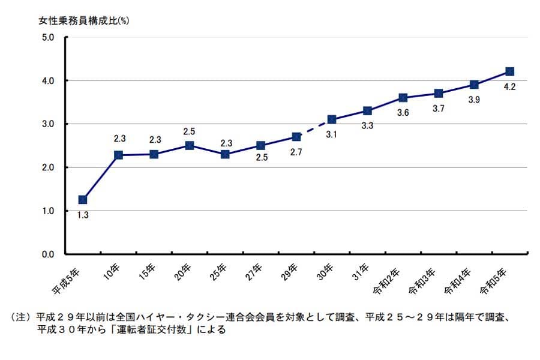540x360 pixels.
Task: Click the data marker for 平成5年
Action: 83,199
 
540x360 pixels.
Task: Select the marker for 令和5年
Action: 509,71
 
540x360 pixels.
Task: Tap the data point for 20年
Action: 190,145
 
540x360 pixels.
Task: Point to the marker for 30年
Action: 332,119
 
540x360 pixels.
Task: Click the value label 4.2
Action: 510,86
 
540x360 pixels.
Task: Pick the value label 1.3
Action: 83,215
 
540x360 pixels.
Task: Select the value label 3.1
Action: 332,134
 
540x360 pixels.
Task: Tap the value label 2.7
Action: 296,152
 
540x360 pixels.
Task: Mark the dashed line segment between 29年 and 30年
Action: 314,128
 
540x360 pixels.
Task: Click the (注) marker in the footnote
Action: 22,316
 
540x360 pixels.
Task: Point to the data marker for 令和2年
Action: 403,98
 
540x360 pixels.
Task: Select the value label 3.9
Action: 474,100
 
